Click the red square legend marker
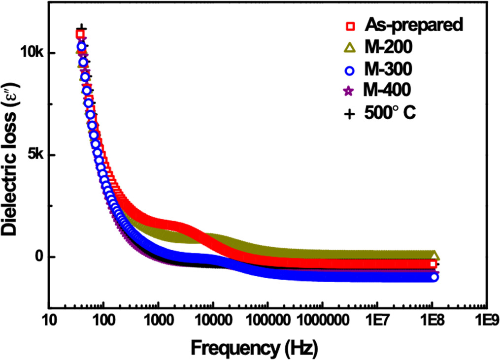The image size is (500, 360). pos(350,26)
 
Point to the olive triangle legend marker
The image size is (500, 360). pos(350,47)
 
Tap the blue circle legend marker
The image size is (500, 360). pos(350,69)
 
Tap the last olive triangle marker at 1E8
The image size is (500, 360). pos(434,256)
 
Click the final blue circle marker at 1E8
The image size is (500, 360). pos(434,277)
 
